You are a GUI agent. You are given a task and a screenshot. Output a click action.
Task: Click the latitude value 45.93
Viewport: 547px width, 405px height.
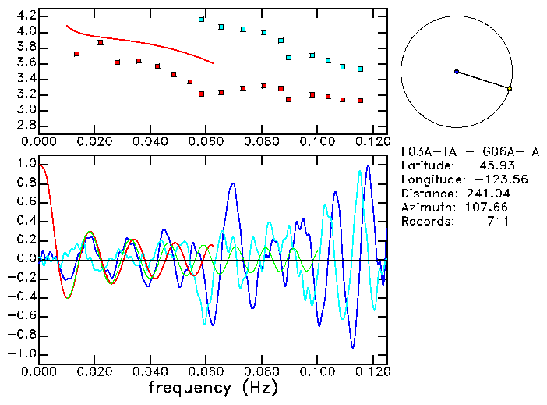[493, 165]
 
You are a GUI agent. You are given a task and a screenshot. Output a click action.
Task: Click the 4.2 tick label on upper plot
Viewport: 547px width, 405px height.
[26, 16]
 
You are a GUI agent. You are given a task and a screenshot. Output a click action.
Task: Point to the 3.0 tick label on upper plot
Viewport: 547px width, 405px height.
[26, 110]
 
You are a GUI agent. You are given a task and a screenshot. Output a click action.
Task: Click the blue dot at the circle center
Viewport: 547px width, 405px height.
[457, 71]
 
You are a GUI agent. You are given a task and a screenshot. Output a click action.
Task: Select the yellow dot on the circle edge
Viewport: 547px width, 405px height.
[510, 89]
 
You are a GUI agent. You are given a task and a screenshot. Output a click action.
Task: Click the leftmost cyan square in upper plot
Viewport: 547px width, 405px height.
[202, 20]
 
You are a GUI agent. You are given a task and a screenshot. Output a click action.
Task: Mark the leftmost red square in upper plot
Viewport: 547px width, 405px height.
[76, 54]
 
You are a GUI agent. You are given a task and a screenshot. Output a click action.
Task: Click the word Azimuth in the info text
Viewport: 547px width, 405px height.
[425, 208]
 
